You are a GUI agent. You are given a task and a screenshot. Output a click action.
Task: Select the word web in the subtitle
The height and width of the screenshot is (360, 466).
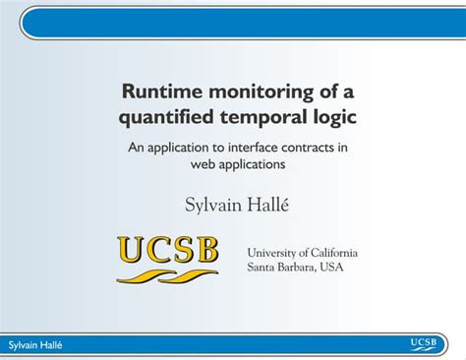coord(203,164)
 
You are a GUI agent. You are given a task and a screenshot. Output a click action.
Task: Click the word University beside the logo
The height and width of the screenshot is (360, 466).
coord(274,253)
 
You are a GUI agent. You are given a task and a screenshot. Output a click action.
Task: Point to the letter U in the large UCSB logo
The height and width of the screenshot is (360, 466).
coord(133,251)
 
